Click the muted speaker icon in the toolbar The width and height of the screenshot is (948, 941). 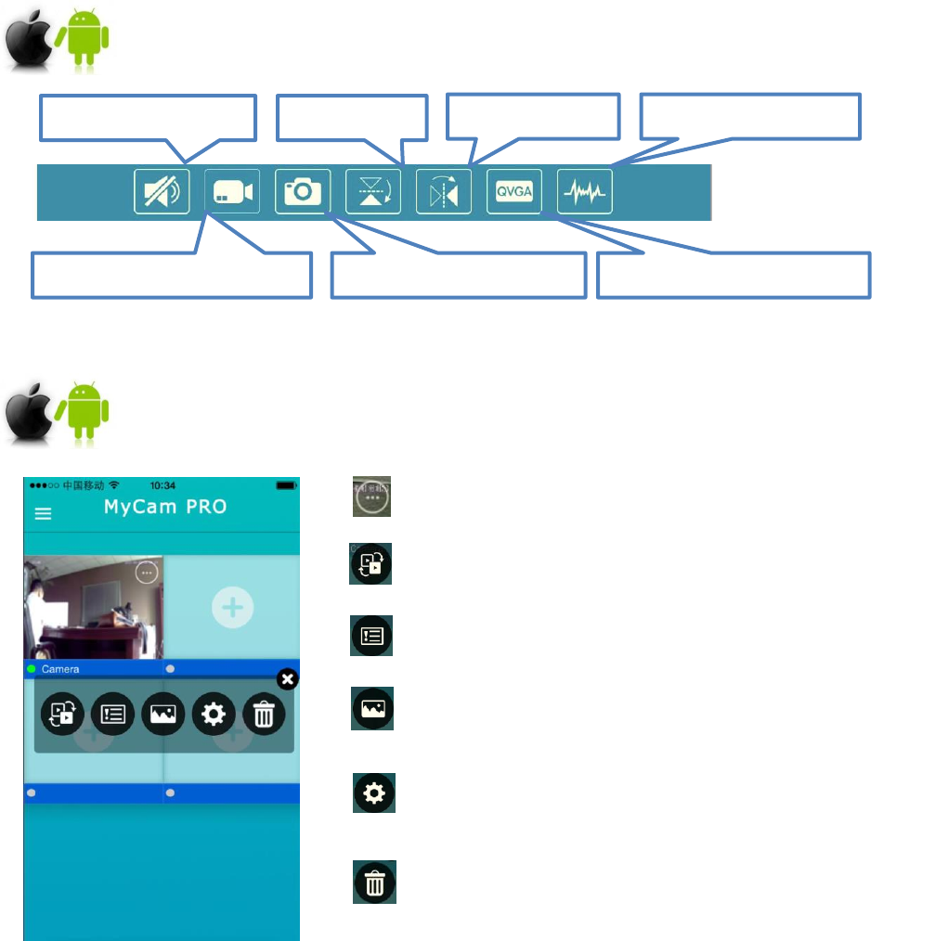pos(162,191)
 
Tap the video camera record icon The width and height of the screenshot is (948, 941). pos(232,191)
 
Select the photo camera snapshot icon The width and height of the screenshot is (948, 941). pos(303,191)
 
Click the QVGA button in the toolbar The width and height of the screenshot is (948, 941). pos(514,191)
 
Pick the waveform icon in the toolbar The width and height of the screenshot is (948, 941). pos(585,191)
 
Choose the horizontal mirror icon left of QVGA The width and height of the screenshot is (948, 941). pos(444,191)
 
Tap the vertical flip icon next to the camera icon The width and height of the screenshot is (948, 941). pos(373,191)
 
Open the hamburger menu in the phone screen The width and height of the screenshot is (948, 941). pos(43,513)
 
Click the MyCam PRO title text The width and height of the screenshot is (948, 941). pos(165,508)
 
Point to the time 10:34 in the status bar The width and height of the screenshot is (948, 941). pos(162,485)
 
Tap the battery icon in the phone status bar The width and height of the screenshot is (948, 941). pos(286,485)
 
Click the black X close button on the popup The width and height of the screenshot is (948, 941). pos(288,680)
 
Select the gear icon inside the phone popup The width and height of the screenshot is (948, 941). pos(214,714)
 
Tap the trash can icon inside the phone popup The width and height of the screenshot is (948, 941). pos(264,714)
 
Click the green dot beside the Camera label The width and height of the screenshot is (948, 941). pos(32,668)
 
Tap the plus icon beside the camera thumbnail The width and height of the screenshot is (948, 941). pos(232,607)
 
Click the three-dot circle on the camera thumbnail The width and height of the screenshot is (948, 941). pos(147,572)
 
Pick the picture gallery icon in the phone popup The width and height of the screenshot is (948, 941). pos(162,714)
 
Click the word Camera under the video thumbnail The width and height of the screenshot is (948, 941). pos(60,668)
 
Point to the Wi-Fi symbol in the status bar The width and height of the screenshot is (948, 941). pos(114,485)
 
